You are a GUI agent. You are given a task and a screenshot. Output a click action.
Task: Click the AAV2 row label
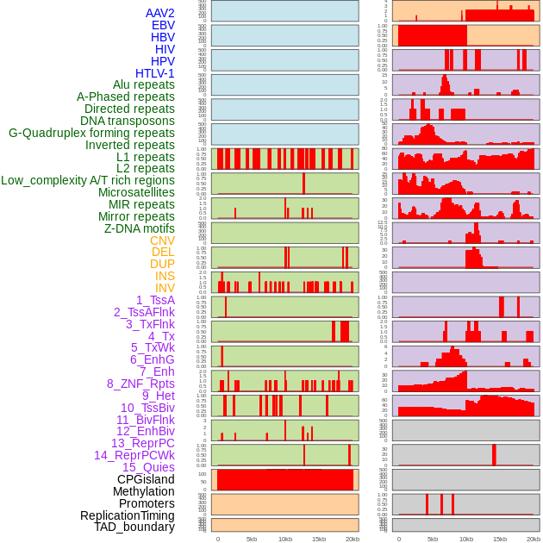tap(160, 13)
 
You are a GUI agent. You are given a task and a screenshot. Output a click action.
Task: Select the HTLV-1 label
tap(155, 73)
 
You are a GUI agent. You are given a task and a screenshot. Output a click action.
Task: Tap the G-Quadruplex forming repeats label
tap(91, 133)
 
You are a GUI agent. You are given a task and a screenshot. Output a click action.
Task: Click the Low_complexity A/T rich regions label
tap(88, 180)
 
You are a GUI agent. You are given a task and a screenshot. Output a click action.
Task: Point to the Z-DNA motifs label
tap(140, 228)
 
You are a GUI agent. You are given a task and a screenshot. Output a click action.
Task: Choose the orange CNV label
tap(162, 240)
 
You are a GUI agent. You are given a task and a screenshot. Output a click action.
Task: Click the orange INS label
tap(165, 276)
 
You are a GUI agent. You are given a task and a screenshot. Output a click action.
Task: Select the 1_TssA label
tap(155, 300)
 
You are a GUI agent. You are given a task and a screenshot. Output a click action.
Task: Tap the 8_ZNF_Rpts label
tap(140, 384)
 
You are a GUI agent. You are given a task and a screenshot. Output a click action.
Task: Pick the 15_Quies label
tap(148, 467)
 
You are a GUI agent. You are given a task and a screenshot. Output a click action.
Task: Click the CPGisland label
tap(146, 479)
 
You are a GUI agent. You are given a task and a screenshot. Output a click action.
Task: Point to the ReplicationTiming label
tap(127, 515)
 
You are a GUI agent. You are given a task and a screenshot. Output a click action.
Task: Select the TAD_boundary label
tap(134, 527)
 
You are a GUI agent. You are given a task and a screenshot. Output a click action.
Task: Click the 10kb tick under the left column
tap(285, 539)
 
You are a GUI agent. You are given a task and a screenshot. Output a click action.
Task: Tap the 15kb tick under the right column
tap(499, 539)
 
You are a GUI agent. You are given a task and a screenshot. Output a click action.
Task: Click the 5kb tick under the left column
tap(252, 539)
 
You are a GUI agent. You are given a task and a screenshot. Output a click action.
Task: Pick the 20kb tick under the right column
tap(533, 539)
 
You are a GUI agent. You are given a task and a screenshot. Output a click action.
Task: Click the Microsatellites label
tap(136, 192)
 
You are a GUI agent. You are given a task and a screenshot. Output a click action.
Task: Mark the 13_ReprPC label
tap(143, 443)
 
